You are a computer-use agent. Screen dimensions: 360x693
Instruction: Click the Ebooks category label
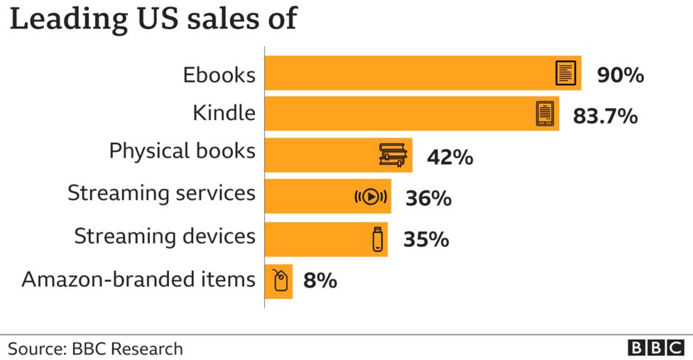[219, 75]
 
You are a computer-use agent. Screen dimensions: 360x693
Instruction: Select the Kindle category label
[224, 113]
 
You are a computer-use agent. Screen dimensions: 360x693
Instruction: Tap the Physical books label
[182, 151]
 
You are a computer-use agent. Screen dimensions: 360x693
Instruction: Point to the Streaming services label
[161, 193]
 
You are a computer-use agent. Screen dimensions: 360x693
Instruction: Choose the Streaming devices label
[165, 236]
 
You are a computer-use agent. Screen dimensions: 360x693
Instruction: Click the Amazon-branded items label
[138, 279]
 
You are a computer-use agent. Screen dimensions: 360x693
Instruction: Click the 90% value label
[620, 75]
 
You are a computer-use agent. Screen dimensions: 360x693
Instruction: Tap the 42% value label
[449, 157]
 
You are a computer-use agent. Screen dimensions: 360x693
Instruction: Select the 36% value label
[428, 198]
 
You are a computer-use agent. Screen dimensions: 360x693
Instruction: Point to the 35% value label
[426, 239]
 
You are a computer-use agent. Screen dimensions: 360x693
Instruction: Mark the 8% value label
[320, 280]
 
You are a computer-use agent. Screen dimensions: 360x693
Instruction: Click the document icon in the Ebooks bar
[565, 73]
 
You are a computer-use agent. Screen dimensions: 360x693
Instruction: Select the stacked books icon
[394, 156]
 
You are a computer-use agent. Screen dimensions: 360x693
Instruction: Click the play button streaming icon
[371, 197]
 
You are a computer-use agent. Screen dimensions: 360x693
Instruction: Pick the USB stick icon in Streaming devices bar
[377, 239]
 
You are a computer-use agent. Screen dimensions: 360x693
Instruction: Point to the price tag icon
[280, 280]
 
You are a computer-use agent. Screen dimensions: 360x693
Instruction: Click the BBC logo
[655, 348]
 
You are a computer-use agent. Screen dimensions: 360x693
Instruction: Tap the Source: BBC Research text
[95, 349]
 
